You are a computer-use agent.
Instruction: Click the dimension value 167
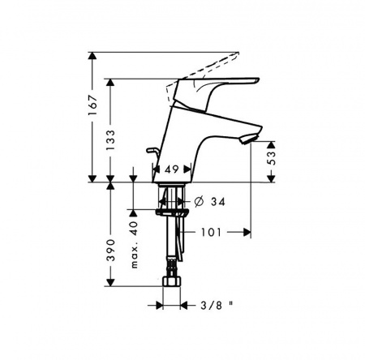pyautogui.click(x=92, y=105)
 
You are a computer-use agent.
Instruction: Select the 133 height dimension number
pyautogui.click(x=110, y=140)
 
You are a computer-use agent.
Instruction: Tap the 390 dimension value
pyautogui.click(x=110, y=250)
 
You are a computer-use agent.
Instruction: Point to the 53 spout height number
pyautogui.click(x=272, y=157)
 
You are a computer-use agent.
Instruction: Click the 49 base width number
pyautogui.click(x=172, y=169)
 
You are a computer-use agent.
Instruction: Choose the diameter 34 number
pyautogui.click(x=218, y=202)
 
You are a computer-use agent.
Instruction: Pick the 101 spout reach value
pyautogui.click(x=211, y=232)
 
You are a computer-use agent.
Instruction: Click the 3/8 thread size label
pyautogui.click(x=211, y=306)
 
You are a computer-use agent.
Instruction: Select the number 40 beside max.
pyautogui.click(x=134, y=228)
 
